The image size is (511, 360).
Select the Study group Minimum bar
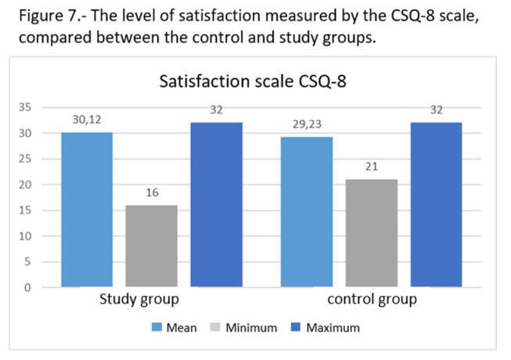click(x=151, y=246)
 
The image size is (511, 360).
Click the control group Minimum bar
click(x=371, y=233)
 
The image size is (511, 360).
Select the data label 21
click(x=372, y=167)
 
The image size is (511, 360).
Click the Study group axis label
click(x=139, y=301)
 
